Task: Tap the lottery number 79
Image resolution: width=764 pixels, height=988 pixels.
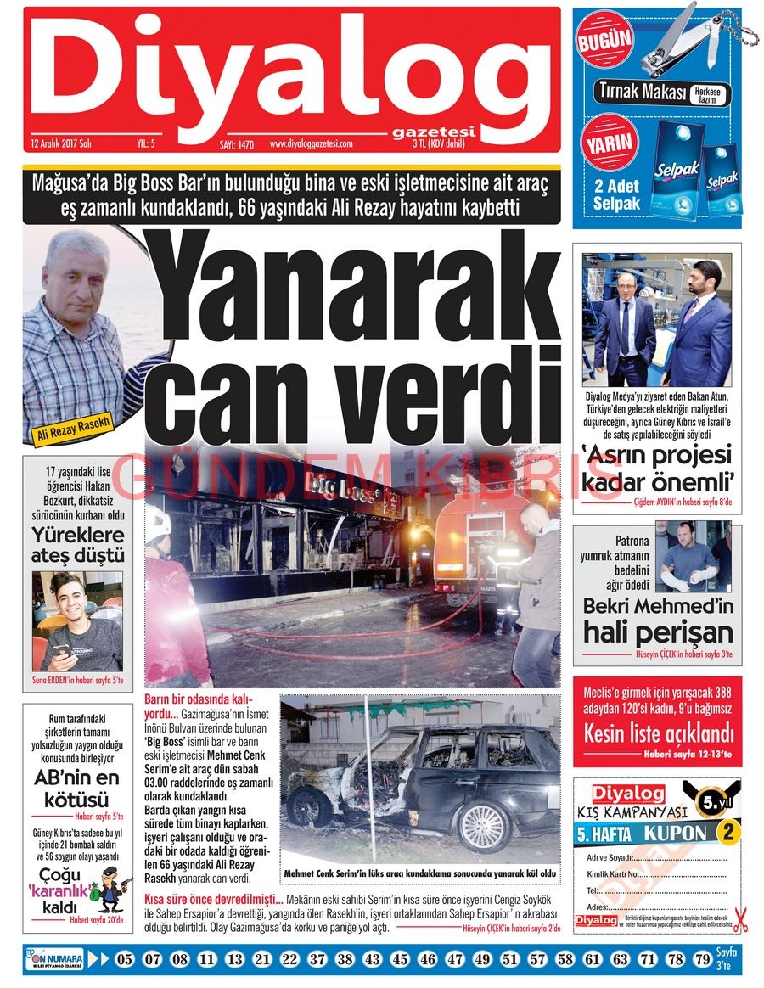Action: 701,960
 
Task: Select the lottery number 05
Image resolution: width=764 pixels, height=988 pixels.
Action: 126,960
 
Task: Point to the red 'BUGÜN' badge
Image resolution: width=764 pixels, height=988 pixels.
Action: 604,39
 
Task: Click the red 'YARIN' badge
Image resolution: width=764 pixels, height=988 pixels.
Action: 606,142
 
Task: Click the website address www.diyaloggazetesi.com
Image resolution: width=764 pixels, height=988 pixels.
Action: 311,143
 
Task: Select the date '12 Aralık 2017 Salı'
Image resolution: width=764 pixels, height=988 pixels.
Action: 60,143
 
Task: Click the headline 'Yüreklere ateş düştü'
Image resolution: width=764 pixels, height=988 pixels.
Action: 77,546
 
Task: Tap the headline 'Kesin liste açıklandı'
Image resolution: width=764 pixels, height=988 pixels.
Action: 657,733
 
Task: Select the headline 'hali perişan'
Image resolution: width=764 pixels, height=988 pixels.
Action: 657,632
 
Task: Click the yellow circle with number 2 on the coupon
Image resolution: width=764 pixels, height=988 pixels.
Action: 727,833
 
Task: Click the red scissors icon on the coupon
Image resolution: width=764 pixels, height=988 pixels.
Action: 740,919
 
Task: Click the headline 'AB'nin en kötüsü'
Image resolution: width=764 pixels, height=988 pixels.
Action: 77,789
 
